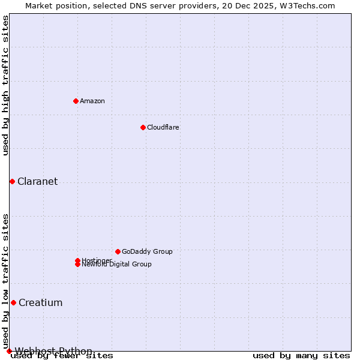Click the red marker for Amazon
point(76,101)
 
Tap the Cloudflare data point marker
point(143,127)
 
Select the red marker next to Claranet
point(12,181)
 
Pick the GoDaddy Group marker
point(118,251)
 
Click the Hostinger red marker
point(77,260)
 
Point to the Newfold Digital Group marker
point(77,265)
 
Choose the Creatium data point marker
point(13,302)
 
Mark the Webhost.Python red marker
point(9,351)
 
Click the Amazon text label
point(92,101)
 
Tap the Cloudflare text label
point(163,127)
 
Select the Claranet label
point(38,182)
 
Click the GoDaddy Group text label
point(147,251)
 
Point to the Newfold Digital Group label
point(117,265)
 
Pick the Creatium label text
point(41,303)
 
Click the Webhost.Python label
point(54,351)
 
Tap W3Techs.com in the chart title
point(305,5)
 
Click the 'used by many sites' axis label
point(301,356)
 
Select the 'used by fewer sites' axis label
point(62,356)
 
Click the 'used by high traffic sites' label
point(5,86)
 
